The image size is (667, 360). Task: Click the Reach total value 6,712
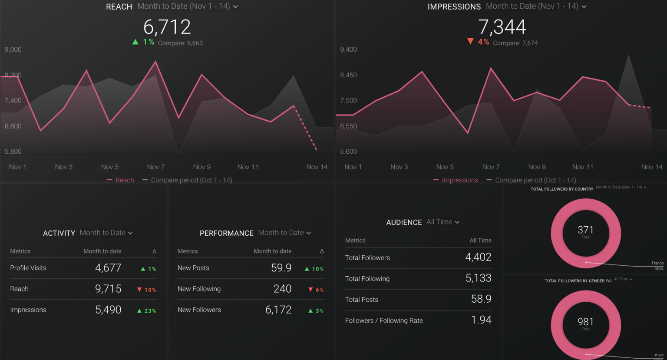(x=167, y=27)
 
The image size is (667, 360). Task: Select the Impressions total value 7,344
(x=502, y=27)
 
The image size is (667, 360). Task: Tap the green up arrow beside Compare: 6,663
(x=135, y=42)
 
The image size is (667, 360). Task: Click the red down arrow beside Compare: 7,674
(x=470, y=42)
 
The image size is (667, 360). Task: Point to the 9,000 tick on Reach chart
(x=13, y=50)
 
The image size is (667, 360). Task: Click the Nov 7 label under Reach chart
(x=155, y=167)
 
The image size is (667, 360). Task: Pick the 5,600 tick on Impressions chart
(x=348, y=152)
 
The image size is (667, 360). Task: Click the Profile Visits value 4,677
(x=108, y=268)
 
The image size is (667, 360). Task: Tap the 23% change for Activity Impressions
(x=147, y=310)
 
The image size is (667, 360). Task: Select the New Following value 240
(x=282, y=289)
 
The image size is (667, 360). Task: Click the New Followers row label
(x=199, y=310)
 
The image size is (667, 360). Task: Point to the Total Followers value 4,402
(x=478, y=258)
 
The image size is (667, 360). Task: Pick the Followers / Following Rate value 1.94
(x=481, y=320)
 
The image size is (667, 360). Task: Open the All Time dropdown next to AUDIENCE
(x=443, y=222)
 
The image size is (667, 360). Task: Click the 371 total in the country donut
(x=585, y=230)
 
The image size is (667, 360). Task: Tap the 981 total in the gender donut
(x=585, y=322)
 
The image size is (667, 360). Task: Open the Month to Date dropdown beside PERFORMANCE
(x=284, y=233)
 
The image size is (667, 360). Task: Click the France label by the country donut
(x=657, y=263)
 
